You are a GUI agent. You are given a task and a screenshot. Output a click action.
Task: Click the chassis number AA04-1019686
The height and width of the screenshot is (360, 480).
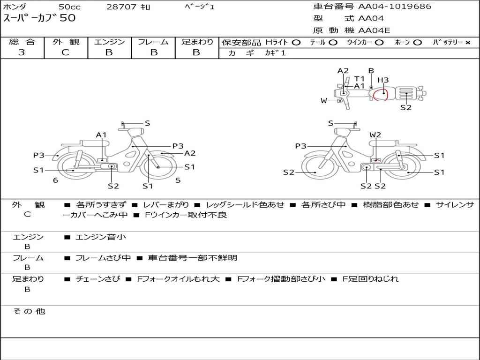395,6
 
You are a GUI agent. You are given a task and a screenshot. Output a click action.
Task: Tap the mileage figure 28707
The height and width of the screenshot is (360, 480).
121,7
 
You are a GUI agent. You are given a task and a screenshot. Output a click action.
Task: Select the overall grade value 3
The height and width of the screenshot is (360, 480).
22,52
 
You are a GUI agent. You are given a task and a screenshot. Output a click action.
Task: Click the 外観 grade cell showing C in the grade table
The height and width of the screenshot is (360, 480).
66,52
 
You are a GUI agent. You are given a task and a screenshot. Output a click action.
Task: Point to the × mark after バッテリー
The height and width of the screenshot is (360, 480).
467,43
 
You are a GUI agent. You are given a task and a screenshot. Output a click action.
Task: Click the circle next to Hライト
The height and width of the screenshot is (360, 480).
296,43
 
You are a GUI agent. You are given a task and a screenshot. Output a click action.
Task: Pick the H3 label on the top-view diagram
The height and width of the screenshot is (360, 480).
383,80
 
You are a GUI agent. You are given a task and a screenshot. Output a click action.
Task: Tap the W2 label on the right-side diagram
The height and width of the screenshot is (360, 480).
375,135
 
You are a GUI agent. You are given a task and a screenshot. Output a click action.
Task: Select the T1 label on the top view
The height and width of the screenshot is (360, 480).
360,79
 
